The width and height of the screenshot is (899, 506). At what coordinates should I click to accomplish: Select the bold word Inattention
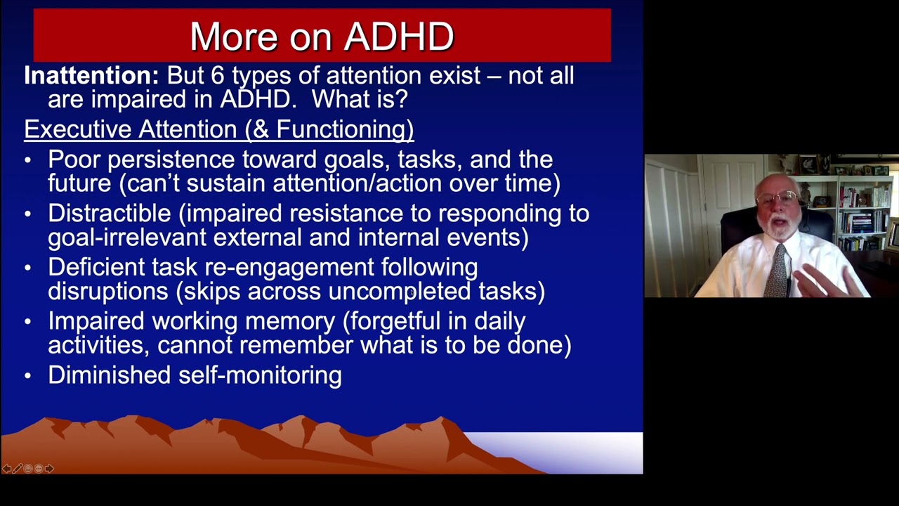[91, 76]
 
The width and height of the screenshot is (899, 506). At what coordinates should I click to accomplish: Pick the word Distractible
[109, 214]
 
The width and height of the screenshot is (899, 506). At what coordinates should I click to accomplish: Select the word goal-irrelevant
[127, 238]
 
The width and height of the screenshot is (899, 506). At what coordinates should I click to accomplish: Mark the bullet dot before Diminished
[28, 376]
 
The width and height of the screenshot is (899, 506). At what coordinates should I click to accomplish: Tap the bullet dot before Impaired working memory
[28, 322]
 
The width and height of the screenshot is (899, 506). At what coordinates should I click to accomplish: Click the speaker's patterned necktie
[776, 271]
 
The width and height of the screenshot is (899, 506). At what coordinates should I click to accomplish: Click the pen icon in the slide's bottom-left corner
[18, 469]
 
